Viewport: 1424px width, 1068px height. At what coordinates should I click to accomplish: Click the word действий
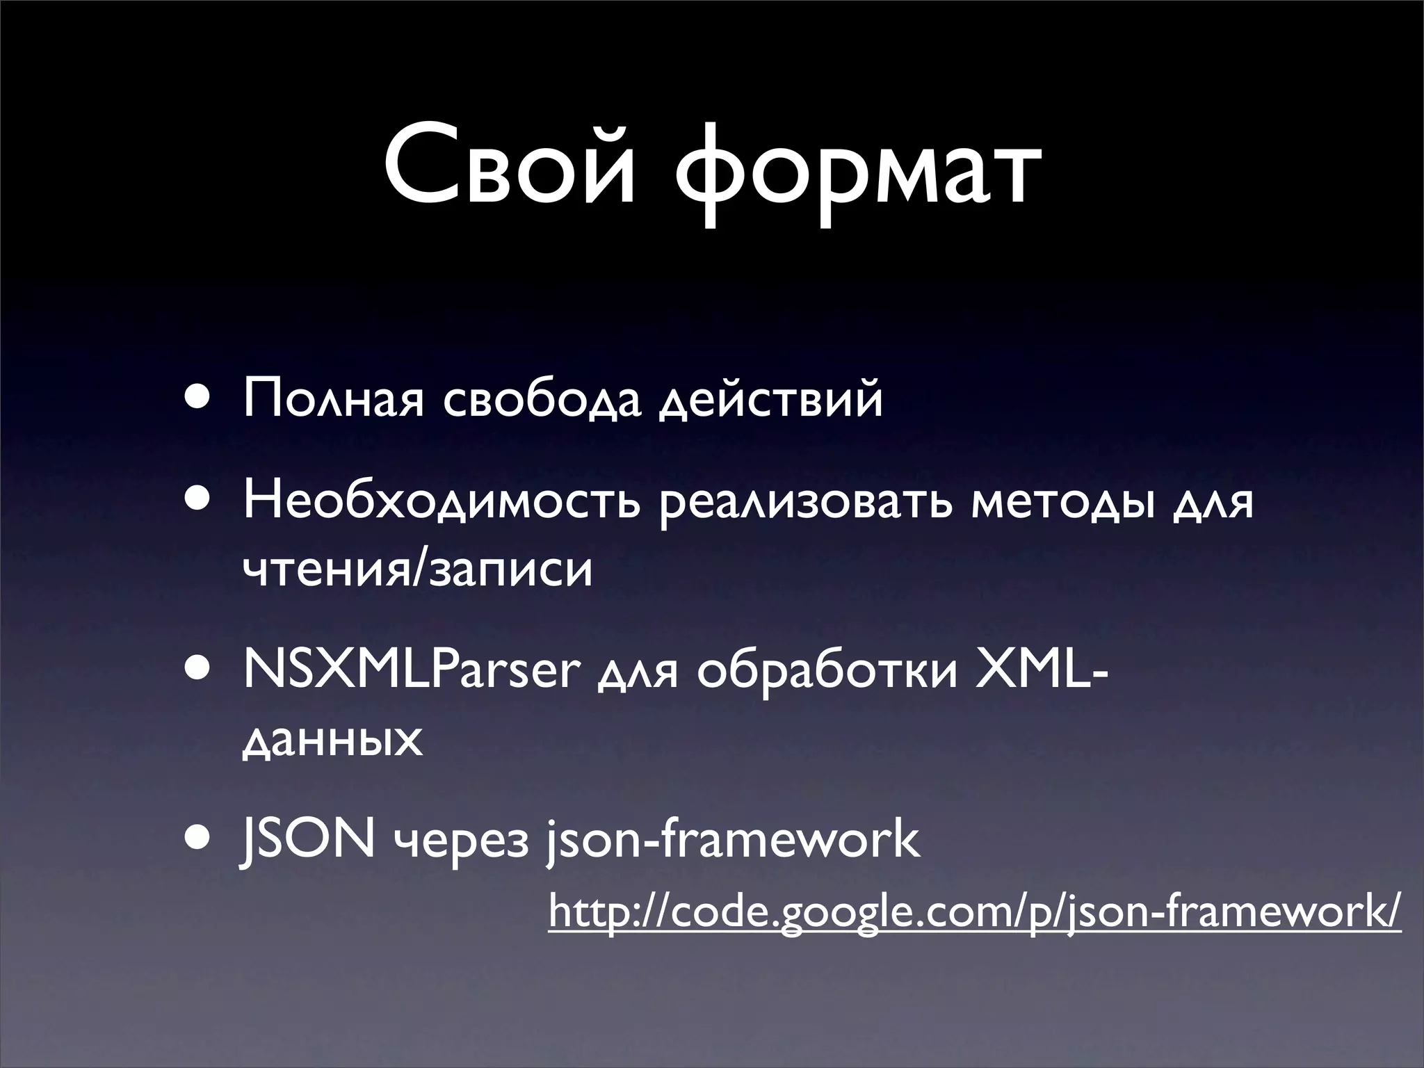(x=770, y=400)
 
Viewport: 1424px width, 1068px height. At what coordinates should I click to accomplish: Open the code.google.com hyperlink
(x=973, y=912)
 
